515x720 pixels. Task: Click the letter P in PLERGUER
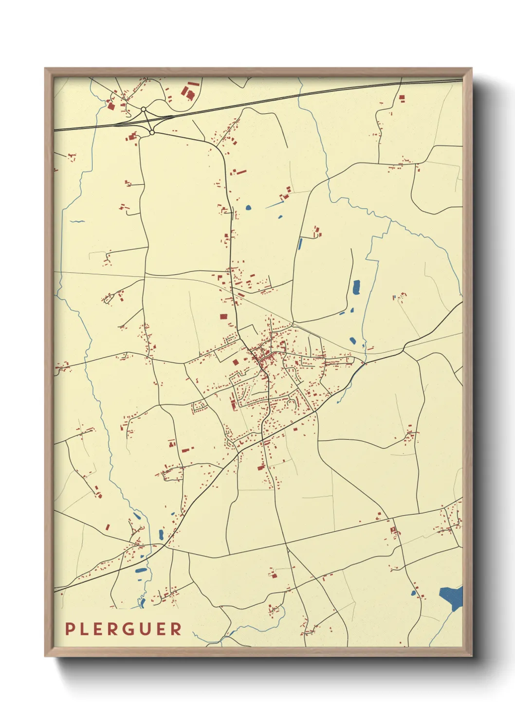point(70,629)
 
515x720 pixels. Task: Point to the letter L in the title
point(86,629)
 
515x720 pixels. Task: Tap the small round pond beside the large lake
point(414,594)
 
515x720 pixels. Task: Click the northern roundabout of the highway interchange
point(144,109)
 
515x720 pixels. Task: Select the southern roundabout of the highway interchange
point(152,132)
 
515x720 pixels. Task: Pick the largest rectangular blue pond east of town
point(356,288)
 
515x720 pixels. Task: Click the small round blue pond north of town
point(248,208)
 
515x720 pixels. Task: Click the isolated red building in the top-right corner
point(402,98)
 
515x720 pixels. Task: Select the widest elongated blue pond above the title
point(141,570)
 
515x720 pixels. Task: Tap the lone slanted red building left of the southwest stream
point(108,527)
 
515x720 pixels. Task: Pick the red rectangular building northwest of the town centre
point(223,316)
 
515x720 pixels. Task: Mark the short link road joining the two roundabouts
point(147,120)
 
